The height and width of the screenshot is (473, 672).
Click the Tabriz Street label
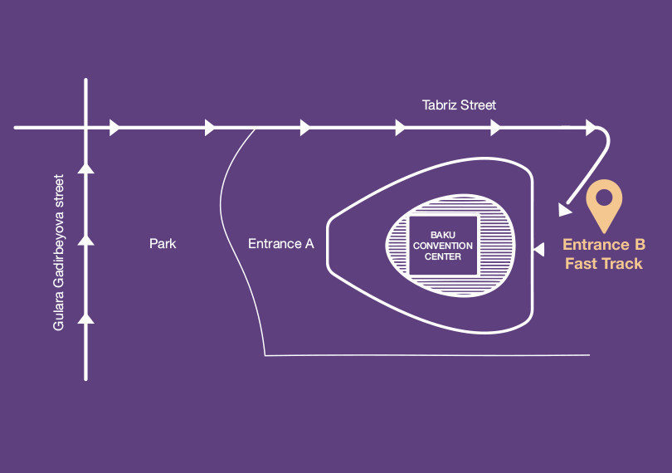[459, 105]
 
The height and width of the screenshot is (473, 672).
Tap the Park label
[163, 244]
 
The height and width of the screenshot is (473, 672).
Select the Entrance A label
[281, 244]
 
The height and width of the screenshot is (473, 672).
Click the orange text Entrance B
[604, 245]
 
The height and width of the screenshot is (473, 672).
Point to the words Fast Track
[604, 264]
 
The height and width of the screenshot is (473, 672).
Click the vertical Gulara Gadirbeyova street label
[59, 252]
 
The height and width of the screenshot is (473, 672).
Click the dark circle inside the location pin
[605, 197]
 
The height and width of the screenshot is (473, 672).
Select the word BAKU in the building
[442, 236]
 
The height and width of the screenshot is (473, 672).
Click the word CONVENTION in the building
[442, 246]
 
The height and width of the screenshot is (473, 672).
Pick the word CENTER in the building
[442, 256]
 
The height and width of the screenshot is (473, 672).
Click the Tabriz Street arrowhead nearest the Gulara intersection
[114, 128]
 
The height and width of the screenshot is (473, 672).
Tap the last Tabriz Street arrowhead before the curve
[591, 128]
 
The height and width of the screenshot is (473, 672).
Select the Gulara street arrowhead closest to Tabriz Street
[85, 168]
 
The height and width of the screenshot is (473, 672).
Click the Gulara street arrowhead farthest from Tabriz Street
[85, 317]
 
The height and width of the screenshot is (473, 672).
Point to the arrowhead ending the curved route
[566, 210]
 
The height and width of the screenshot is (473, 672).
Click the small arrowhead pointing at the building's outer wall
[538, 248]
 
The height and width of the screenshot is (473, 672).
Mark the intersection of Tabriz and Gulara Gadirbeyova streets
[85, 128]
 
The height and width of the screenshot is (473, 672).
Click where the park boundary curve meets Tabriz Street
[255, 129]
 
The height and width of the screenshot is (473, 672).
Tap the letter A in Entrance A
[309, 244]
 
